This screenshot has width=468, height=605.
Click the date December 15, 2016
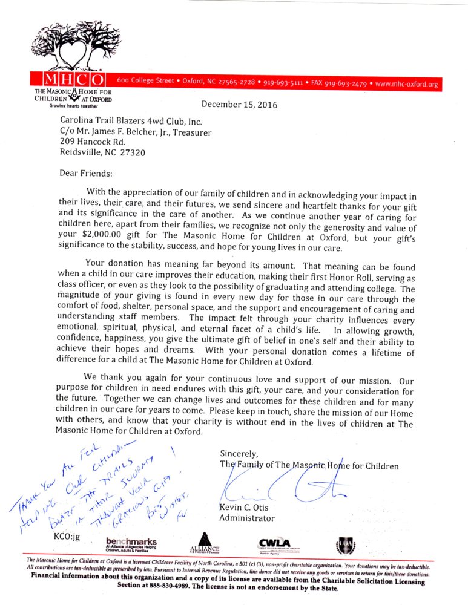point(239,105)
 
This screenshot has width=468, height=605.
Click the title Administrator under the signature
point(246,518)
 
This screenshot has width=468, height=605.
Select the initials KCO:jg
point(67,536)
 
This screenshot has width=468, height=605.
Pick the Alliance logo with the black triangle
point(205,542)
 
